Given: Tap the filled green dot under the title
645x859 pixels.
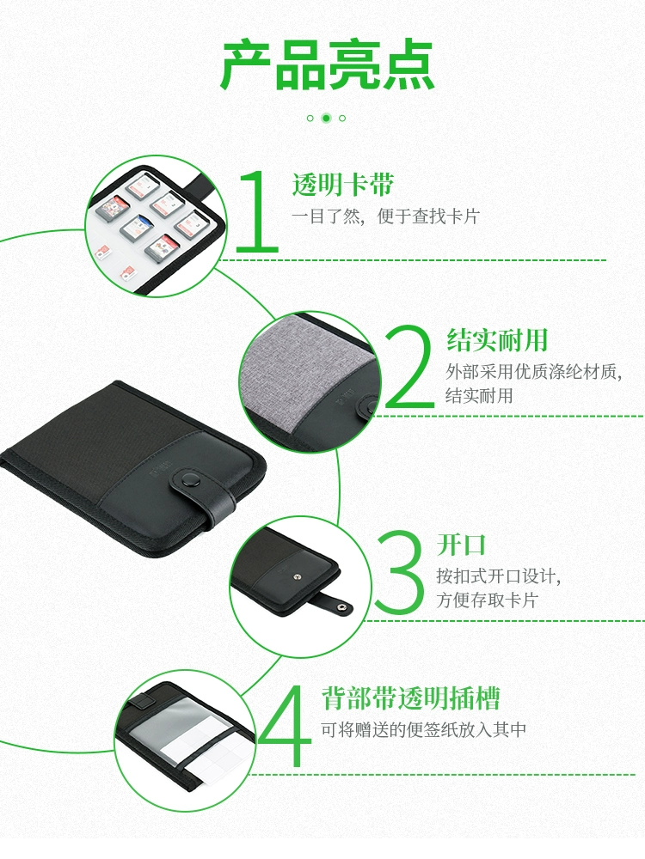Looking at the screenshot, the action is pyautogui.click(x=326, y=118).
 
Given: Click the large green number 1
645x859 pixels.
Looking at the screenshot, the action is pyautogui.click(x=258, y=210).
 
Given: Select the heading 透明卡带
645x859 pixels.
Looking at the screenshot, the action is pyautogui.click(x=343, y=184).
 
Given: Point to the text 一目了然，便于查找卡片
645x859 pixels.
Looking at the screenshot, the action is pyautogui.click(x=385, y=216).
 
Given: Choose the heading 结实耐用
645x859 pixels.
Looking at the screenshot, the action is pyautogui.click(x=497, y=339).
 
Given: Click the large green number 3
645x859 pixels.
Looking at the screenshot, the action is pyautogui.click(x=400, y=571).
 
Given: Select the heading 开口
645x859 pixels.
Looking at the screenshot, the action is pyautogui.click(x=462, y=545).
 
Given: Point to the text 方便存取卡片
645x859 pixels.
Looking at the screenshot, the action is pyautogui.click(x=487, y=600).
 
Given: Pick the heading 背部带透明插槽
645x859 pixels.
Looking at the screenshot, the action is pyautogui.click(x=410, y=698).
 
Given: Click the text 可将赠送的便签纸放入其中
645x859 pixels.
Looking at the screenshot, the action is pyautogui.click(x=423, y=729).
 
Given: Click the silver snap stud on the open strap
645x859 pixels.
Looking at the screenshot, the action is pyautogui.click(x=342, y=606).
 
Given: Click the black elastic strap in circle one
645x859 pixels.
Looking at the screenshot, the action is pyautogui.click(x=202, y=180).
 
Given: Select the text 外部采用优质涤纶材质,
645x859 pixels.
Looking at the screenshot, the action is pyautogui.click(x=534, y=372).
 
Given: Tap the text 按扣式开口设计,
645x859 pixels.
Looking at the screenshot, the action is pyautogui.click(x=499, y=576).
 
